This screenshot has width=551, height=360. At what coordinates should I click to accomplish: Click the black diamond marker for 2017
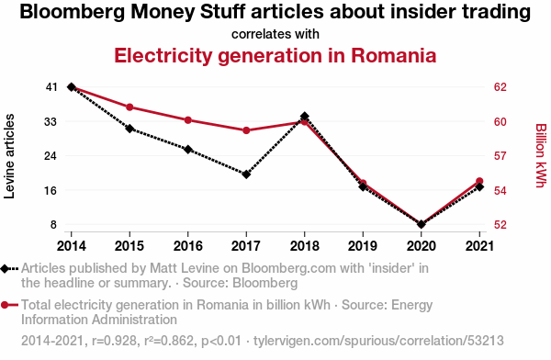click(x=246, y=174)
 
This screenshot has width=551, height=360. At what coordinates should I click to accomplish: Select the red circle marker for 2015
click(x=129, y=107)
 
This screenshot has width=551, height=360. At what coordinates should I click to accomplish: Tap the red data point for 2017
click(x=246, y=130)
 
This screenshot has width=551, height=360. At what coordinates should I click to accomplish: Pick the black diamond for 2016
click(x=188, y=150)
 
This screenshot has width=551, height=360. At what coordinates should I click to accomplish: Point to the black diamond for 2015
click(x=129, y=129)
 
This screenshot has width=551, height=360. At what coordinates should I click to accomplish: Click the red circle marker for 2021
click(x=479, y=182)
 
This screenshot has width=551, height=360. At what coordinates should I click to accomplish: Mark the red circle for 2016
click(x=188, y=120)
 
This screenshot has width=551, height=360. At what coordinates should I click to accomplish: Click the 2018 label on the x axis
click(x=305, y=246)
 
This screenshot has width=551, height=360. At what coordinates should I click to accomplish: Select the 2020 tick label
click(x=422, y=246)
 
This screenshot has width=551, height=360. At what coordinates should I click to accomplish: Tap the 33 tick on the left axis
click(x=51, y=122)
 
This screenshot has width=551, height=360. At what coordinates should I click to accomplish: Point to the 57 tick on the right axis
click(x=500, y=156)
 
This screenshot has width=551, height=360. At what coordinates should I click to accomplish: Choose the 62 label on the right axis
click(x=500, y=87)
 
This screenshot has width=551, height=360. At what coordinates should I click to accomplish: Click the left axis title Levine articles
click(x=9, y=156)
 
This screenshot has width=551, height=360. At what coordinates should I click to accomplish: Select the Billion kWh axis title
click(x=541, y=155)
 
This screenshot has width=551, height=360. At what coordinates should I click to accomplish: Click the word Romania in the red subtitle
click(x=394, y=55)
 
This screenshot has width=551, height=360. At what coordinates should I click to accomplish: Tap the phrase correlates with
click(x=275, y=34)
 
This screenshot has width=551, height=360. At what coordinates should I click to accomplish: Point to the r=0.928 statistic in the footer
click(x=114, y=341)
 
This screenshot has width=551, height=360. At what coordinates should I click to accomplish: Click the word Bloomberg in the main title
click(x=73, y=12)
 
